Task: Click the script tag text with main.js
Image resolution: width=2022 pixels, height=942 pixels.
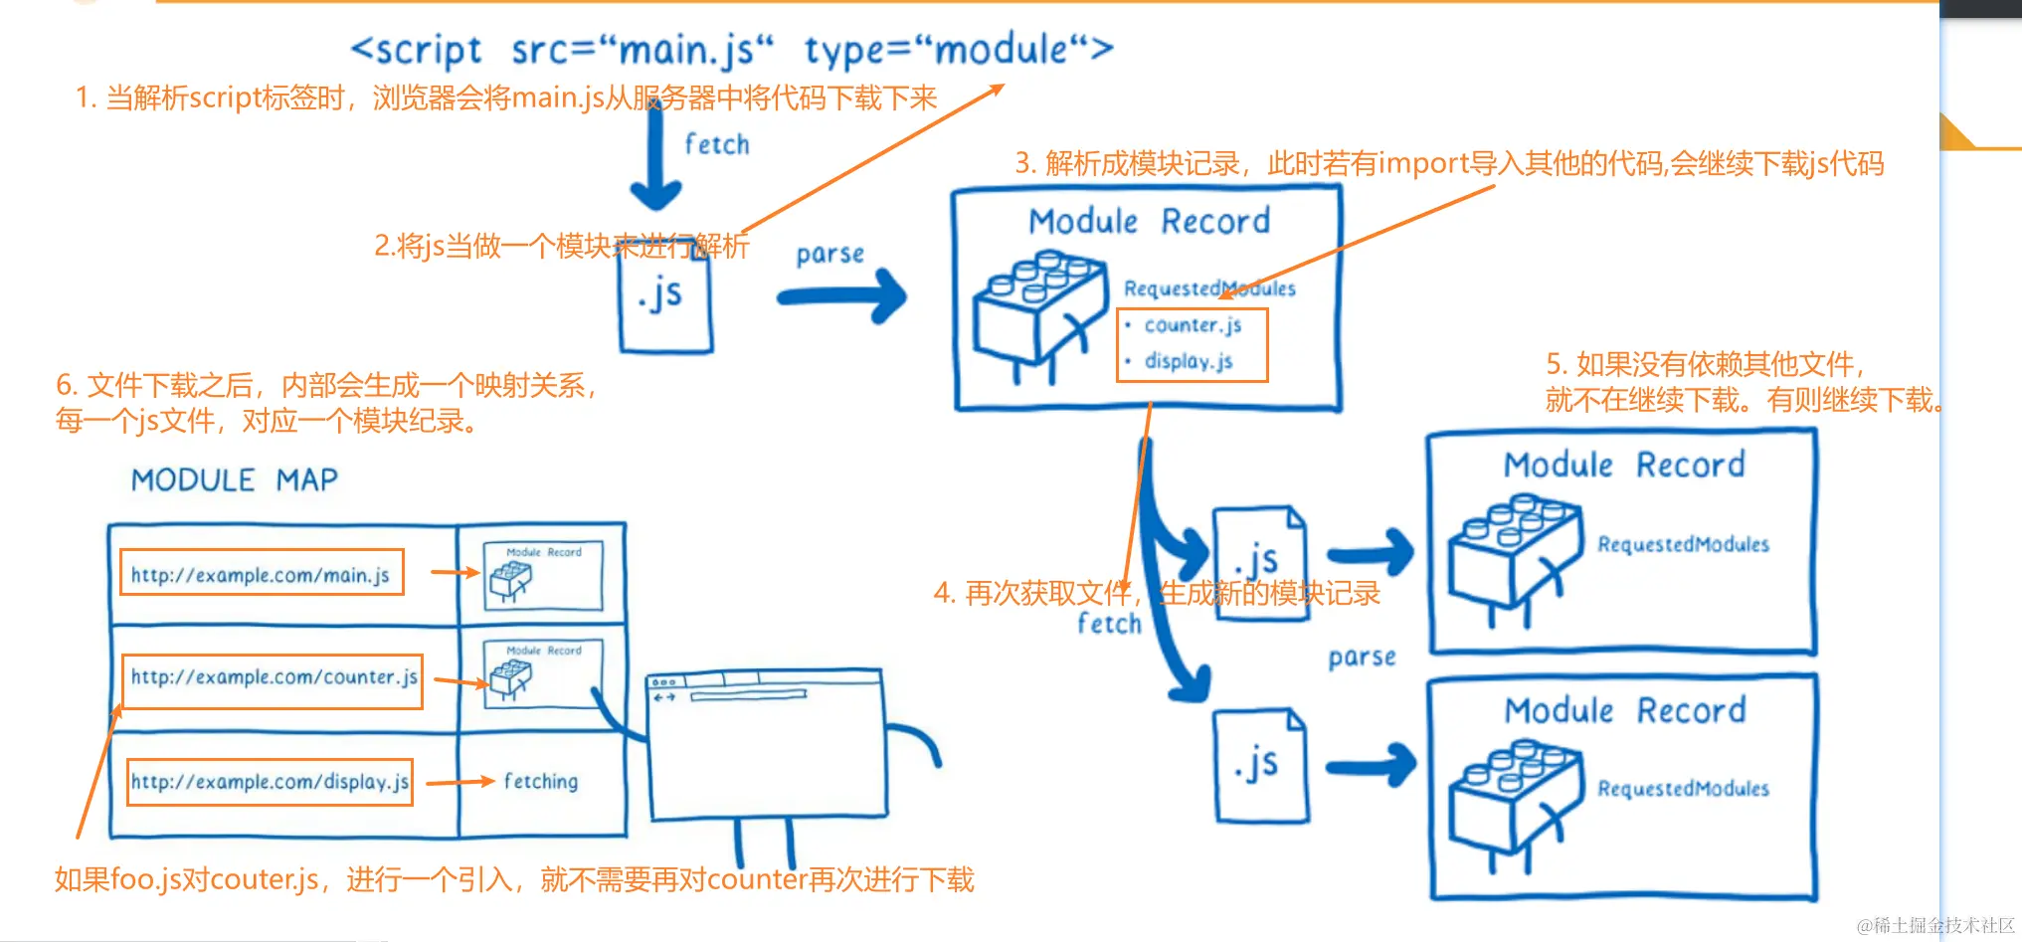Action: (731, 49)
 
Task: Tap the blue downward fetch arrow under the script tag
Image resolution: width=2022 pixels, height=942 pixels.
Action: (656, 159)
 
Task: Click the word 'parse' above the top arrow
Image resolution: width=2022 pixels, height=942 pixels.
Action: (829, 255)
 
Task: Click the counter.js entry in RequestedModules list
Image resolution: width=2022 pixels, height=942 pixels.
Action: (1193, 325)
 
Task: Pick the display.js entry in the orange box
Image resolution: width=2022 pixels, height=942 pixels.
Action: (1189, 361)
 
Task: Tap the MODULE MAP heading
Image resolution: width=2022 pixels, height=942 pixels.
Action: (235, 480)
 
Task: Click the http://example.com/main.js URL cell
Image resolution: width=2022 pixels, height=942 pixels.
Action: (261, 574)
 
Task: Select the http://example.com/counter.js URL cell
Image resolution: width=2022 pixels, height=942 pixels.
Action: (274, 678)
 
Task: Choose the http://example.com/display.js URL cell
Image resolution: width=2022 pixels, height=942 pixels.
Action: (270, 782)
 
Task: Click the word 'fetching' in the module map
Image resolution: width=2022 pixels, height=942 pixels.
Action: (540, 782)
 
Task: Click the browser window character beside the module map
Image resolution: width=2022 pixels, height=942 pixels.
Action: (766, 746)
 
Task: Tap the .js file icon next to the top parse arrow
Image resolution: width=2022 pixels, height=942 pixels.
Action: (665, 298)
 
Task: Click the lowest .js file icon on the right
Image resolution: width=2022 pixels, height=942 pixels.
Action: (1261, 766)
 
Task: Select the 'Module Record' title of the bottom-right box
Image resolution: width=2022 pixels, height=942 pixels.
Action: (1624, 710)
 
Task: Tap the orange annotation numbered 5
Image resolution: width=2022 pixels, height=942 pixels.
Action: (1741, 382)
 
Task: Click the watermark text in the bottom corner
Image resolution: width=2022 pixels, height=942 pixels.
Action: (1934, 926)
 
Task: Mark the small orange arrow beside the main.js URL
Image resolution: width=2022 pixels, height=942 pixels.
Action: (456, 572)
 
